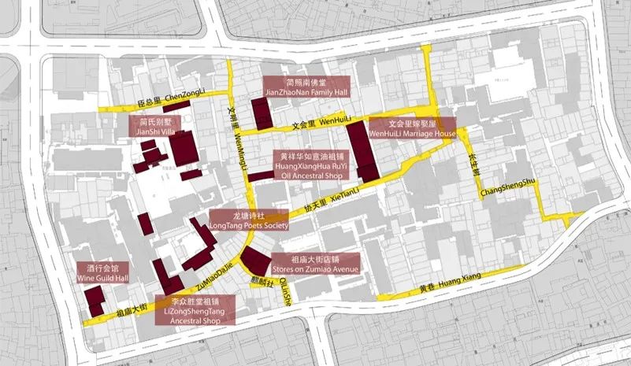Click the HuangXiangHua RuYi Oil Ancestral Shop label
(311, 166)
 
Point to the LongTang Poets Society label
(249, 220)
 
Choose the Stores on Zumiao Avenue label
(314, 264)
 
